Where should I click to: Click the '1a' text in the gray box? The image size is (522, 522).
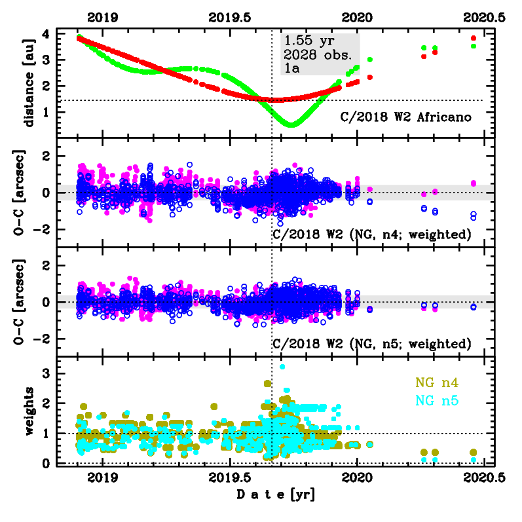291,67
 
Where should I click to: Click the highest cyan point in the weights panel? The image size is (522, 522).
282,367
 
